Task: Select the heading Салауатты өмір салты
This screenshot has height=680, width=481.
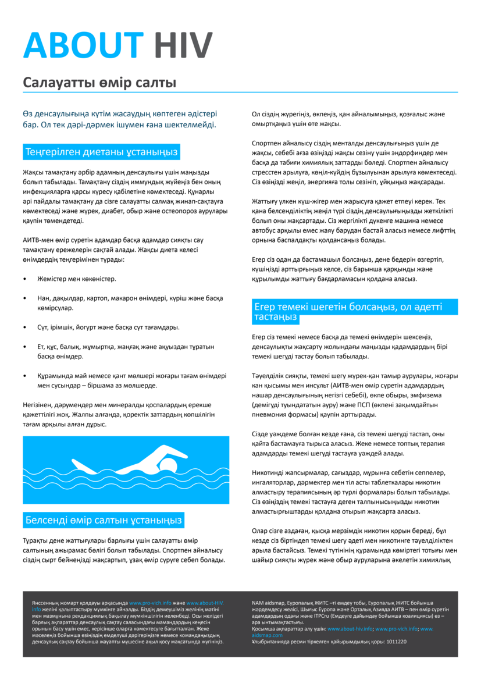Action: pyautogui.click(x=99, y=83)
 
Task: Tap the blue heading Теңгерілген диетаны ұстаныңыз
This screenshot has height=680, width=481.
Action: pyautogui.click(x=101, y=152)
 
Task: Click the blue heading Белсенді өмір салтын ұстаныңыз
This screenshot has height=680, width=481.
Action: pyautogui.click(x=104, y=519)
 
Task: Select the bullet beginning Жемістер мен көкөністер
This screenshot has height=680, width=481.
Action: pyautogui.click(x=77, y=279)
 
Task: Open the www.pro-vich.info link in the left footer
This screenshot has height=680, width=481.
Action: pyautogui.click(x=150, y=603)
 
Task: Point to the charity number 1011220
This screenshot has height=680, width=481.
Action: pyautogui.click(x=395, y=642)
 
